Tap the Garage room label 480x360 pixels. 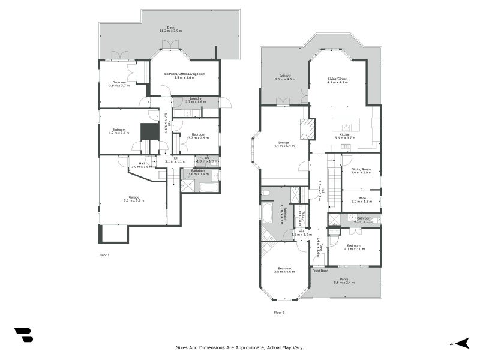pos(133,199)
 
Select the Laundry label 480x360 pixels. pos(196,100)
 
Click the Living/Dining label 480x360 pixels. pos(337,80)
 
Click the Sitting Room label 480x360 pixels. pos(361,170)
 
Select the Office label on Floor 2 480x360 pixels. pos(361,200)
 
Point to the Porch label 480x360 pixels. pos(344,280)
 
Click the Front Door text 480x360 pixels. pos(320,271)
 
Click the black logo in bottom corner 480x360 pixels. pos(23,335)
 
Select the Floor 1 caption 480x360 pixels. pos(104,254)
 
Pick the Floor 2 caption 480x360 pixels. pos(279,312)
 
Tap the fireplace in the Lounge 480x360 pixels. pos(307,129)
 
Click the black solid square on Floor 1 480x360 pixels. pos(148,131)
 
